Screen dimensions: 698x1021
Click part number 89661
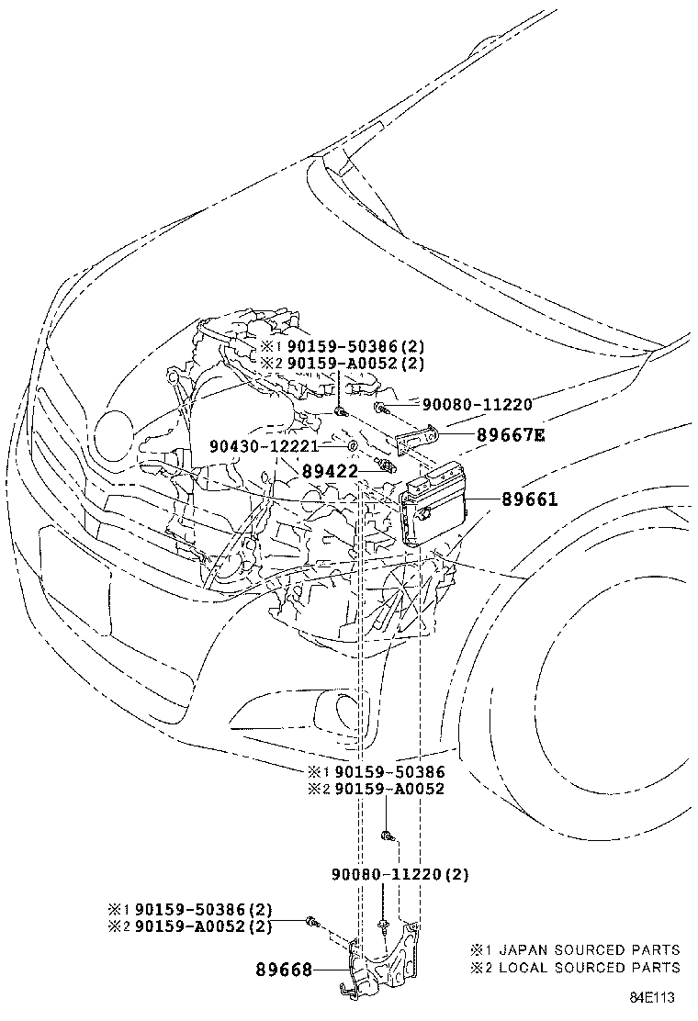(529, 499)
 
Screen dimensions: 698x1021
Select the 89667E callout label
(512, 434)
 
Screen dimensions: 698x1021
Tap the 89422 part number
(330, 471)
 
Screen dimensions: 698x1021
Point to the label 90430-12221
(265, 446)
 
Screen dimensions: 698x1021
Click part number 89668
(283, 971)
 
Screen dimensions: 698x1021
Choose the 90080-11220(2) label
(400, 874)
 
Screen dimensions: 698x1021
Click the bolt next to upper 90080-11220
(381, 409)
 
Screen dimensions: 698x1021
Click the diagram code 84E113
(651, 997)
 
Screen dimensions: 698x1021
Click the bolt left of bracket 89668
(312, 921)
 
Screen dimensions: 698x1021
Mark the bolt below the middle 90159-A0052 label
(387, 835)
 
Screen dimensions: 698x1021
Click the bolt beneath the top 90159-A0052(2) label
(340, 410)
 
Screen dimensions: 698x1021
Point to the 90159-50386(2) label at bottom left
(190, 909)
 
